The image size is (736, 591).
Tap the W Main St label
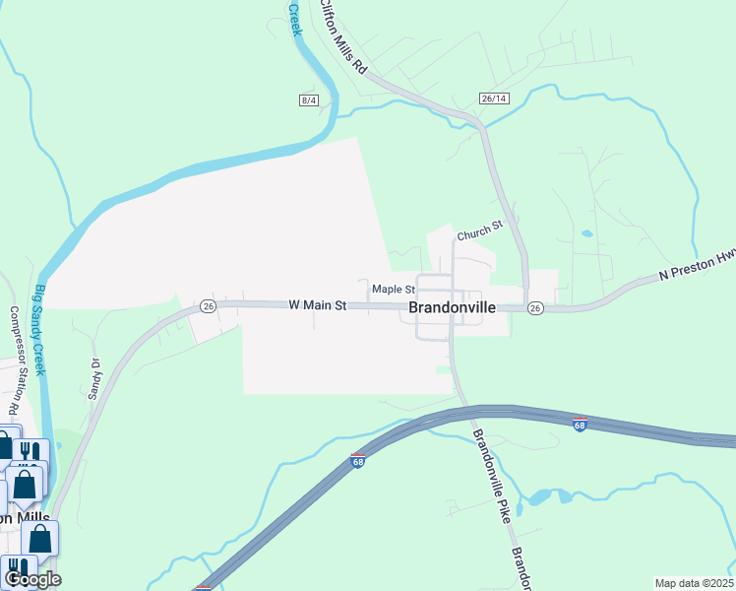click(318, 306)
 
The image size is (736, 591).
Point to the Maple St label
click(393, 290)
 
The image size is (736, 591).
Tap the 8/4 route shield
click(310, 100)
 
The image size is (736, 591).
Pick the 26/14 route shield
click(494, 98)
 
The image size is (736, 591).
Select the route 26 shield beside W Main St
click(207, 306)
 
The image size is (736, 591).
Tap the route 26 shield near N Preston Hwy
click(534, 308)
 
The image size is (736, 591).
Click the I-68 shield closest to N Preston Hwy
click(581, 425)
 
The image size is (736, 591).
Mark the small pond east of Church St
click(586, 234)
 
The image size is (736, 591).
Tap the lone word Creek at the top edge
click(294, 19)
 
